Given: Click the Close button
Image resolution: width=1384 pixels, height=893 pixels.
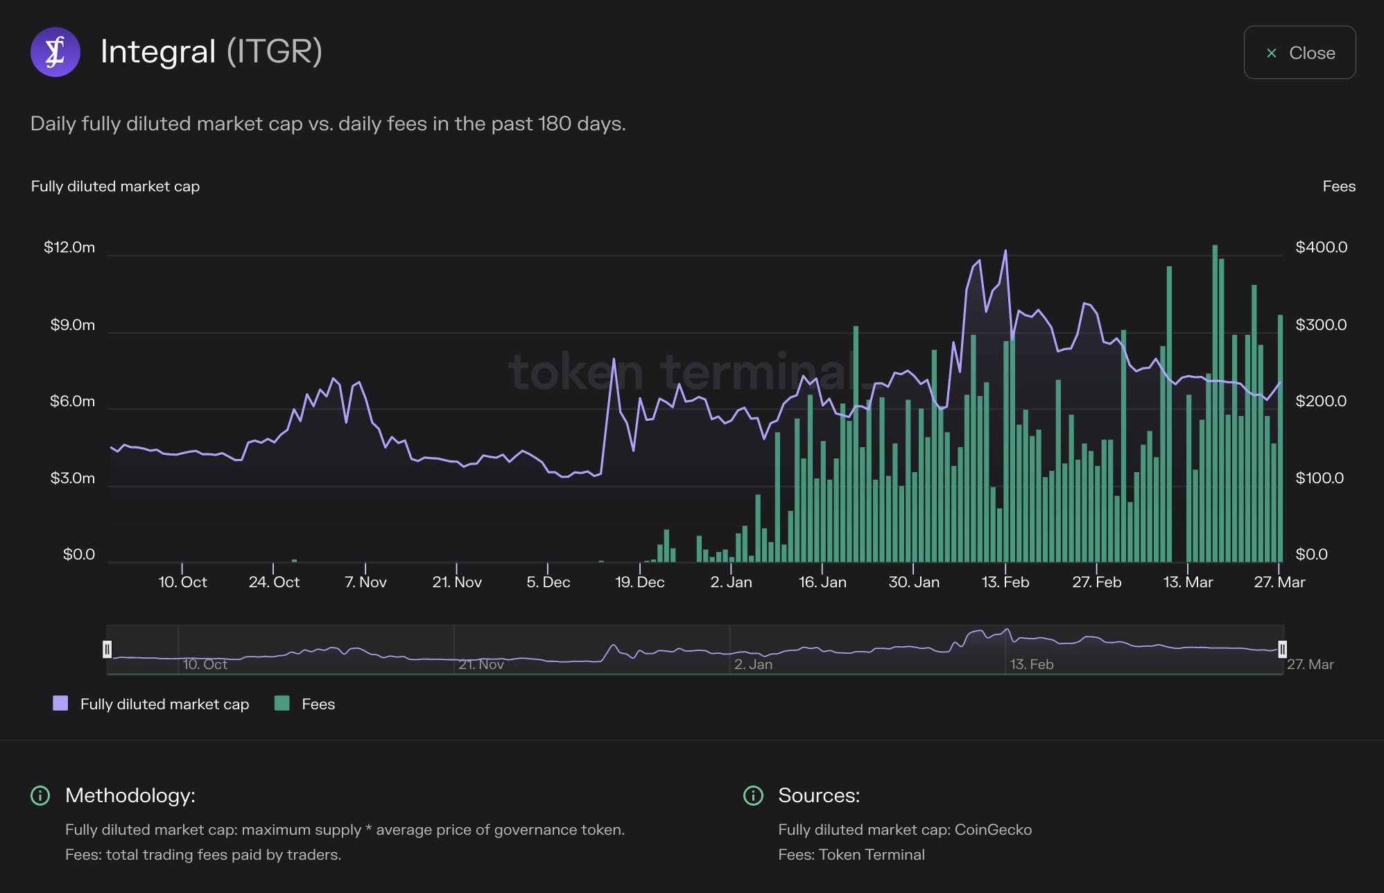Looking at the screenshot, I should (1299, 53).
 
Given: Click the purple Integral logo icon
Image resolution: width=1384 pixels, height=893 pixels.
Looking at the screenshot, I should (55, 52).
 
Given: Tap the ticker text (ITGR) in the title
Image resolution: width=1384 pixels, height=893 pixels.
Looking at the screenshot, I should (275, 52).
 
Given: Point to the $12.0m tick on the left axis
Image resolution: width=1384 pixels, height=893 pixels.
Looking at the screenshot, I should (69, 248).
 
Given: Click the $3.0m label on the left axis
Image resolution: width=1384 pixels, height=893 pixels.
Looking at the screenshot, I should (72, 478).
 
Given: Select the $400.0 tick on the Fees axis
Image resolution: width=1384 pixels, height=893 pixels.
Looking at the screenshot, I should (1321, 248).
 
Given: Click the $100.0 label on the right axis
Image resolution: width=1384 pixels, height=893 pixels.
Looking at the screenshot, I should (1320, 478).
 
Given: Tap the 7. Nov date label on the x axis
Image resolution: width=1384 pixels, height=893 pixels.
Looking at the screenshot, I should (365, 582).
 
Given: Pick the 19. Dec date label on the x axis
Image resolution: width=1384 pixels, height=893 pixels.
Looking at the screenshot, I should (639, 582).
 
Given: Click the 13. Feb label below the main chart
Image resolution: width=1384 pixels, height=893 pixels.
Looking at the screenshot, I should (1005, 582).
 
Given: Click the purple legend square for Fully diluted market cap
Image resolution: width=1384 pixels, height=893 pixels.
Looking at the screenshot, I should (60, 704).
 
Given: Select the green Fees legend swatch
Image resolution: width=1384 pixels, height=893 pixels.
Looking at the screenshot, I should (282, 704).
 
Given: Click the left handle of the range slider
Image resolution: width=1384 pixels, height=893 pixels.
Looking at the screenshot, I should (107, 649).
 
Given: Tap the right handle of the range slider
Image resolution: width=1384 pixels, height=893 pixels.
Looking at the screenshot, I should (1282, 649).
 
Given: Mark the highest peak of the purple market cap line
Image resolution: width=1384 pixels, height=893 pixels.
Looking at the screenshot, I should (1005, 251).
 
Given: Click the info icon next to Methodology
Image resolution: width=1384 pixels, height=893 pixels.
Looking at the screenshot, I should (40, 795).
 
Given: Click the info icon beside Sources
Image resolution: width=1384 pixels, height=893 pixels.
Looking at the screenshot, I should (753, 795).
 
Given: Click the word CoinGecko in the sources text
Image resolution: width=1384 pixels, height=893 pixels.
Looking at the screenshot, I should (993, 830).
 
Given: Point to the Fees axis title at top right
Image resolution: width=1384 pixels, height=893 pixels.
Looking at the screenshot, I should (1338, 187).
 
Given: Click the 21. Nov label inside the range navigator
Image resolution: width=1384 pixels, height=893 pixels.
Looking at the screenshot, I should (481, 664).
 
